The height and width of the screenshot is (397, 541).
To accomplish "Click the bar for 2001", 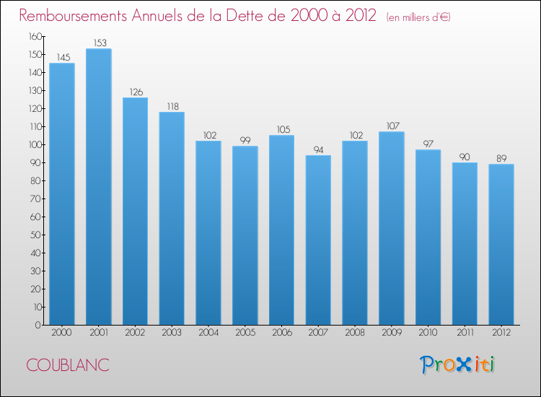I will tap(98, 187).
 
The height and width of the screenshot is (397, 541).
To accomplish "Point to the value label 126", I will tap(135, 92).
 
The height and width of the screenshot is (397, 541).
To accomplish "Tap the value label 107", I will tap(392, 126).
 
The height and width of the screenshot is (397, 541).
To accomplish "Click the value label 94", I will tap(318, 149).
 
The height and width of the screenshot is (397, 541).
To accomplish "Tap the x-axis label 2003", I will tap(172, 333).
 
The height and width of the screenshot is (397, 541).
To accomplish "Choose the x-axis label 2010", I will tap(428, 333).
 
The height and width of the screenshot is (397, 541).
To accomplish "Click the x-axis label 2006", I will tap(281, 333).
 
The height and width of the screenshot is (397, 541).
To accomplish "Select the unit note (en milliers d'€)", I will tap(418, 17).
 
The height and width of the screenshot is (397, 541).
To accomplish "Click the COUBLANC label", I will tap(68, 365).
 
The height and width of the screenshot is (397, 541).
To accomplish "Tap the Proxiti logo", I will tap(457, 365).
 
